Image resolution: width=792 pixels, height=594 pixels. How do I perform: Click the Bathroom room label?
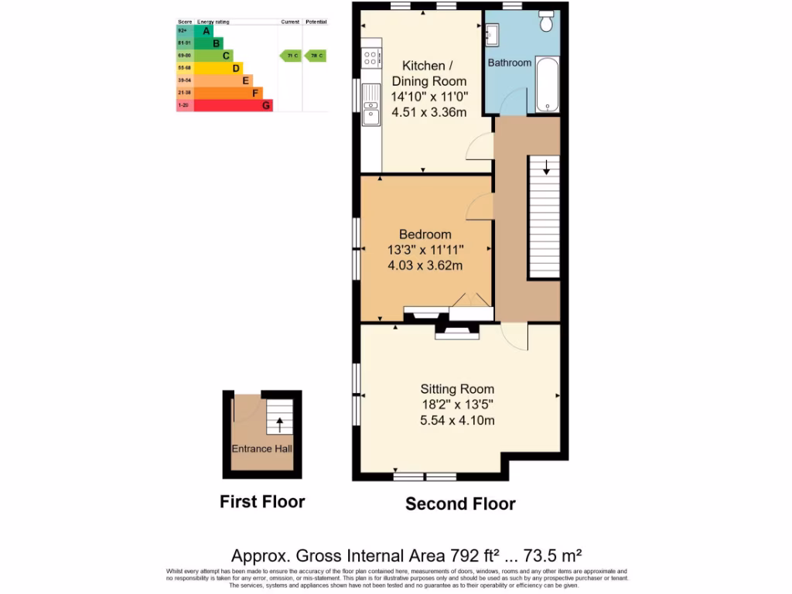click(510, 62)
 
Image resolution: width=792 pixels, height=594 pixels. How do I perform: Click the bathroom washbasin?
click(493, 33)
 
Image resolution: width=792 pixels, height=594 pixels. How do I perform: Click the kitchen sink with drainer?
click(371, 107)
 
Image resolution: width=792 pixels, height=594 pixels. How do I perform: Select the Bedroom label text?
click(425, 234)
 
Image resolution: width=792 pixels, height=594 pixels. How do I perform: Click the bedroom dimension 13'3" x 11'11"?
click(425, 250)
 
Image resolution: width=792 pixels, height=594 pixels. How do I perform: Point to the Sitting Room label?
click(457, 389)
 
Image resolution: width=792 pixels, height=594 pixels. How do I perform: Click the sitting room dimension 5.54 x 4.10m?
click(457, 420)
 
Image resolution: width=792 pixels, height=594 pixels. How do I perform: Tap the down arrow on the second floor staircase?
click(547, 166)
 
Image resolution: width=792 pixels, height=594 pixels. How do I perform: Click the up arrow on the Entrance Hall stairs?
click(279, 424)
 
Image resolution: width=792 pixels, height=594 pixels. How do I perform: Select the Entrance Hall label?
click(261, 449)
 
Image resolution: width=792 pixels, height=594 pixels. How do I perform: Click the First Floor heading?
click(262, 501)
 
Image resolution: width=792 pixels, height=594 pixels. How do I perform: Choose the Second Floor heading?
click(460, 504)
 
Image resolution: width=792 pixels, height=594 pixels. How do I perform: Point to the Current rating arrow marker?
click(290, 56)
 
